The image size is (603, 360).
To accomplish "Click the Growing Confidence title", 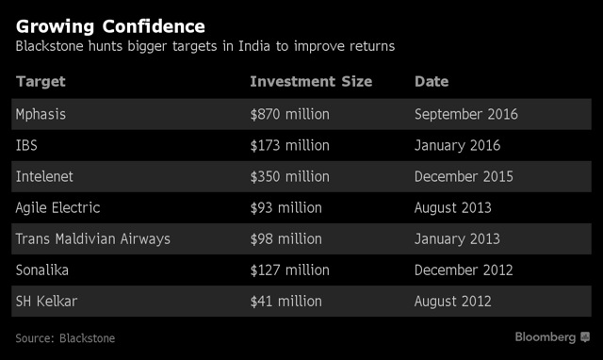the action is (110, 27).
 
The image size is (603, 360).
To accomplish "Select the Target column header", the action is (41, 82).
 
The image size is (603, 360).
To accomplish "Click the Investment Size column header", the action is (311, 82).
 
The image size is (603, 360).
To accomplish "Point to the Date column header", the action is (432, 82).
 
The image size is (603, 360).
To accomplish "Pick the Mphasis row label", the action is (41, 115).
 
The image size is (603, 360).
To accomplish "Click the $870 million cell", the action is (289, 114).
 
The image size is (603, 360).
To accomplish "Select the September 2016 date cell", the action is (466, 115).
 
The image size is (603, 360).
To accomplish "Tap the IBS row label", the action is (26, 145).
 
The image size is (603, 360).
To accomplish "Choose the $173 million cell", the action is (289, 145).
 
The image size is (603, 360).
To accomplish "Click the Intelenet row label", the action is (44, 176).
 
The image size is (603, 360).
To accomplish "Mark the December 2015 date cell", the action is (464, 176).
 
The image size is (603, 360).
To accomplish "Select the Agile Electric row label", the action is (57, 208).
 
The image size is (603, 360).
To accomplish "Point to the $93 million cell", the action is (285, 207).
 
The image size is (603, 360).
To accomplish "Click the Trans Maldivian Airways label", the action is (93, 239).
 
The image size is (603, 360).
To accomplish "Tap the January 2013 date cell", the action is (457, 239).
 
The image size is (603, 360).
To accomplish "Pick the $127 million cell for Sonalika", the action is (289, 270).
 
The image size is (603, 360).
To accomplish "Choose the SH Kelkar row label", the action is (46, 302).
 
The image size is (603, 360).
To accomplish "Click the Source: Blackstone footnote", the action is (65, 338).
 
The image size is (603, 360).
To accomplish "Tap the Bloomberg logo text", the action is (546, 337).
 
